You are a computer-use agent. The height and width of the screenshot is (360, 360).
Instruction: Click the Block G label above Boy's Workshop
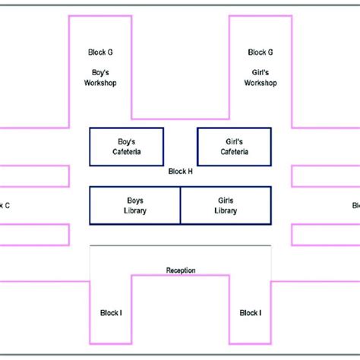coord(101,52)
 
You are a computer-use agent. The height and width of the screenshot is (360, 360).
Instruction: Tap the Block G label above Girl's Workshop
coord(261,52)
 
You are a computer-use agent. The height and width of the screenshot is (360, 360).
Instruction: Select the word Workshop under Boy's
coord(101,82)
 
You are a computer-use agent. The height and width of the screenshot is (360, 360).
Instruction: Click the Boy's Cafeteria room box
coord(128,147)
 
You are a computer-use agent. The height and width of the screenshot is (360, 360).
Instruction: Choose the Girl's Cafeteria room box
coord(234,147)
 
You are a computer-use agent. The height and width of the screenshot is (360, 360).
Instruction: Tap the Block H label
coord(180,172)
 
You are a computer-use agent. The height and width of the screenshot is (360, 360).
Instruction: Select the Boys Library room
coord(135,205)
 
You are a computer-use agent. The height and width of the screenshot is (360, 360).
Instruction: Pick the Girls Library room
coord(226,205)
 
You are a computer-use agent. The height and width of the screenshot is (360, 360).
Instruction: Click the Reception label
coord(181,270)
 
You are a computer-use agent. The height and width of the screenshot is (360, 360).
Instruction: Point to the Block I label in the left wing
coord(111,312)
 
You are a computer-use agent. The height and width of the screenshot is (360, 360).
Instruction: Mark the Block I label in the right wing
coord(250,312)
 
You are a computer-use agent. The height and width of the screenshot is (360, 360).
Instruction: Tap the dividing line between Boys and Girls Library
coord(180,205)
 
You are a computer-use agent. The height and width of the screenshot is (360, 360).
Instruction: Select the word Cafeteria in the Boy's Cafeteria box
coord(128,152)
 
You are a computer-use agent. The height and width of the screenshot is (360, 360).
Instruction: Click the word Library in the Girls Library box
coord(226,210)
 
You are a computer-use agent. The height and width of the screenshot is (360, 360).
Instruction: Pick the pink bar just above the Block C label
coord(34,176)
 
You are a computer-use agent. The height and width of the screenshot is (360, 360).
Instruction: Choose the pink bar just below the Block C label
coord(34,234)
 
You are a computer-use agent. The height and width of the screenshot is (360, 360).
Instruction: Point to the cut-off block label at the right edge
coord(355,205)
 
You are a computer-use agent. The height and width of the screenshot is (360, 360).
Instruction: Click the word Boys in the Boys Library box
coord(135,200)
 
